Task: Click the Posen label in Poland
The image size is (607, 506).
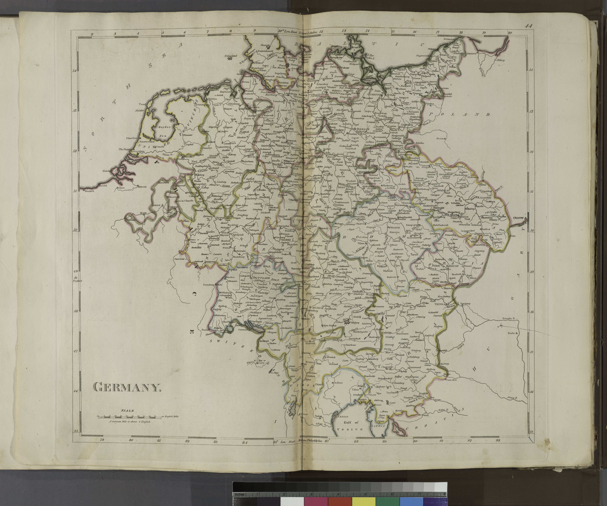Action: pos(440,138)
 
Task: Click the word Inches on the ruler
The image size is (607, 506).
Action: pos(240,486)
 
